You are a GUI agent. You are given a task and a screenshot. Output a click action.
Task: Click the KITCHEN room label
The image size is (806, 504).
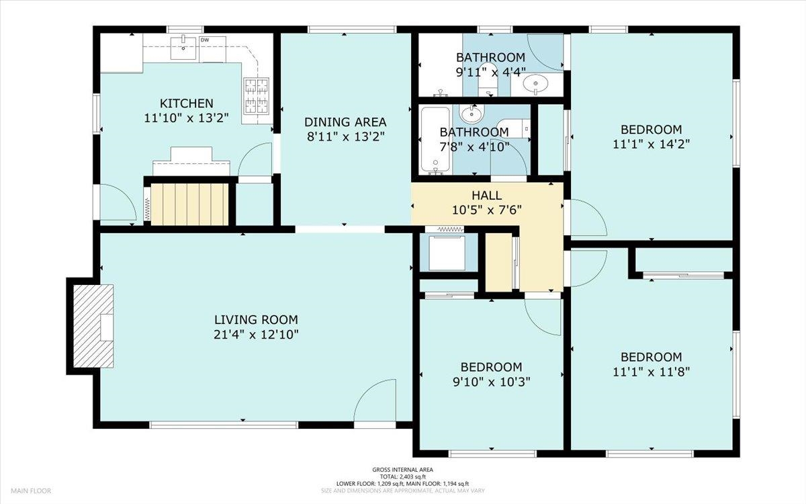pos(187,103)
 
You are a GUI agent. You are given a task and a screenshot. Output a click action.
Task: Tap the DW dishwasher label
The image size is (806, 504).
pos(205,40)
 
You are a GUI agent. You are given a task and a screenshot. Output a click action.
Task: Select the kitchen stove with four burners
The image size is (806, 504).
pos(257,95)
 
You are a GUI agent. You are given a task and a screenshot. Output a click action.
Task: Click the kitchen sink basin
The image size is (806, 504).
pos(183,48)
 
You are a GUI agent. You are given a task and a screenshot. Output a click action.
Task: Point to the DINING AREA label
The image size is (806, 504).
pos(345,122)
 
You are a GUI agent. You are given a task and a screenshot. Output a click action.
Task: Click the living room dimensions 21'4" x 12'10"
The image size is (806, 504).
pos(256,335)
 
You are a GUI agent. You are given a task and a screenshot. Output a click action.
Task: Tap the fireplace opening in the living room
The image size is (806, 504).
pos(107,327)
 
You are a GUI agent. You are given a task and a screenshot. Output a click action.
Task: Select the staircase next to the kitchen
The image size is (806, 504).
pos(189,204)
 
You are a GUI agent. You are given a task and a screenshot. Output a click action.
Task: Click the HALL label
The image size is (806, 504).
pos(487,196)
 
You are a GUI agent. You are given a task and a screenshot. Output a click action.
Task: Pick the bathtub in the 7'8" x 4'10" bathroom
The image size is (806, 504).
pos(435,140)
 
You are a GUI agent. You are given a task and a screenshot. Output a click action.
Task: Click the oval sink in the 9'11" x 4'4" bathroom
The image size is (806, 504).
pos(535,84)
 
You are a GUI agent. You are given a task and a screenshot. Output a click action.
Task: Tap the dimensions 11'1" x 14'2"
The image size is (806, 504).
pos(652,144)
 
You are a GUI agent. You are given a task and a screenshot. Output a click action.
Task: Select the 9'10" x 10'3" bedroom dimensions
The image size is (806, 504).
pos(492,382)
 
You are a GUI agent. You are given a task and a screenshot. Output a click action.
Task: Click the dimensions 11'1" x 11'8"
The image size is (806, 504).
pos(652,372)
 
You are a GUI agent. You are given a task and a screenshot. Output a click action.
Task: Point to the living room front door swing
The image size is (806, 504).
pos(375,401)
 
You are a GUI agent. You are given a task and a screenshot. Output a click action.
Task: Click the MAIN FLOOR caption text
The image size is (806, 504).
pos(31,491)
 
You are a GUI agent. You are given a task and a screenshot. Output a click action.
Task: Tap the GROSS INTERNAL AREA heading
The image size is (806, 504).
pos(402,470)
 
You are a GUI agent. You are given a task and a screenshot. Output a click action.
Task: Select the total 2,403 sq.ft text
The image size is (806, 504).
pos(402,476)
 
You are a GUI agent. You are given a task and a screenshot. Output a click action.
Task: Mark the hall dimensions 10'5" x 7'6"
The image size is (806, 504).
pos(487,210)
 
